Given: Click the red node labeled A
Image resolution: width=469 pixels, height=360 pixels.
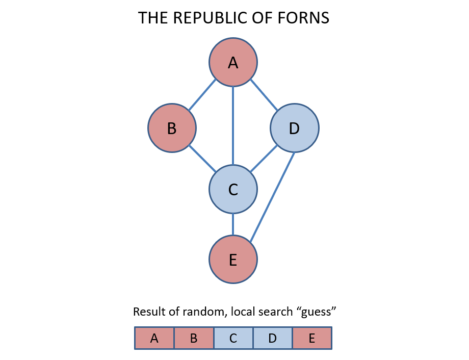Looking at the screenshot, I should pos(233,62).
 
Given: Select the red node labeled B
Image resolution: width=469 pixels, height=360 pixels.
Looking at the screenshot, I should pos(172,128).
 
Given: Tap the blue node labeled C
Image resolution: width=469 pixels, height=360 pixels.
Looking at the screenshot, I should pos(233,189).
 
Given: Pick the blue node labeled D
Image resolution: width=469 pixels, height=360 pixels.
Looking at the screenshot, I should pos(294,128).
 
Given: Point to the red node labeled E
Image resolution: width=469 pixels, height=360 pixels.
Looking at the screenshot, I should pos(233,260).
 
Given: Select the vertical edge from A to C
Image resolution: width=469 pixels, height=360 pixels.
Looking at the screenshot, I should pos(233,125).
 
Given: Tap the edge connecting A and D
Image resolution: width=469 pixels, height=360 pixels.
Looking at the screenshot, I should pos(264,95).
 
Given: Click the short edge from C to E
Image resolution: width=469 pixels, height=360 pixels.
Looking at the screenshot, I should pos(233,225).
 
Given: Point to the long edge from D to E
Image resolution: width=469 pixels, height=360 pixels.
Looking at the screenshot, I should pos(272,195).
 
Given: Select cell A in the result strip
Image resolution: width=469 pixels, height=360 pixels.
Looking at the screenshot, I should pos(154,338).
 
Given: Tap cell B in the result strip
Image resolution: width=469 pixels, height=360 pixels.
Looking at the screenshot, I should pos(194,338).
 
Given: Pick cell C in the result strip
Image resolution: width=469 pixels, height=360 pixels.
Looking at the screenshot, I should pos(233,338).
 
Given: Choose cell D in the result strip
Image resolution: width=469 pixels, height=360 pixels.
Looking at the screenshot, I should pos(272,338).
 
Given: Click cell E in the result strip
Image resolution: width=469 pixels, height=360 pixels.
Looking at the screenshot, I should pos(311,338).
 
